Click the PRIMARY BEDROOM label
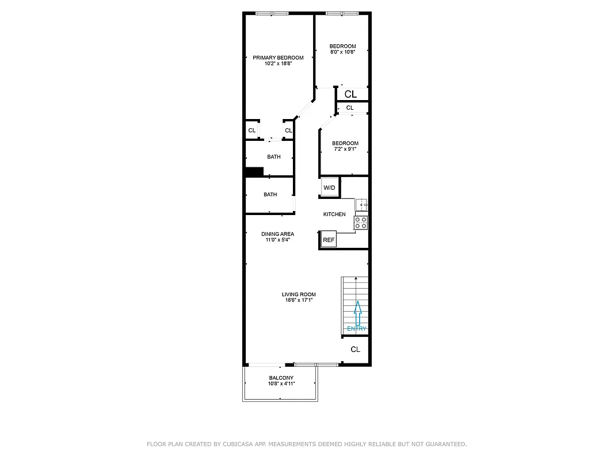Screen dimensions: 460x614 278,57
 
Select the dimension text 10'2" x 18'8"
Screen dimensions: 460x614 278,64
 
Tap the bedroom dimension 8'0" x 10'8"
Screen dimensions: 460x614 342,52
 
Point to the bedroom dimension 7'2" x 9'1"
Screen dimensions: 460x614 345,149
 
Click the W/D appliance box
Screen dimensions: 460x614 329,188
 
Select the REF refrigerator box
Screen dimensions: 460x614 328,240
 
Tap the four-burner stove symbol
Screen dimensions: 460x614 361,223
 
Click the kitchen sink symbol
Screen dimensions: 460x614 362,205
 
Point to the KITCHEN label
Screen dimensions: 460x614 334,214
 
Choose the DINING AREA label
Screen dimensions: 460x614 278,234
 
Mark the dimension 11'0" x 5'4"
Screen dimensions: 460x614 278,240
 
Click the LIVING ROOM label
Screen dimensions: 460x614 299,294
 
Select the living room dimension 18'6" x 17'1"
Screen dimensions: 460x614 299,300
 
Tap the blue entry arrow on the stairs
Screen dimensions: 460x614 358,313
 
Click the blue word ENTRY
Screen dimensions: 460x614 357,329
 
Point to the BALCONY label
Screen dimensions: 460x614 281,378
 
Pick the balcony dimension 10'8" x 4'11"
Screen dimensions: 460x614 281,384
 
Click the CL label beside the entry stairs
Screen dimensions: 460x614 356,350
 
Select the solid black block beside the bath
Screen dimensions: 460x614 254,171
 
